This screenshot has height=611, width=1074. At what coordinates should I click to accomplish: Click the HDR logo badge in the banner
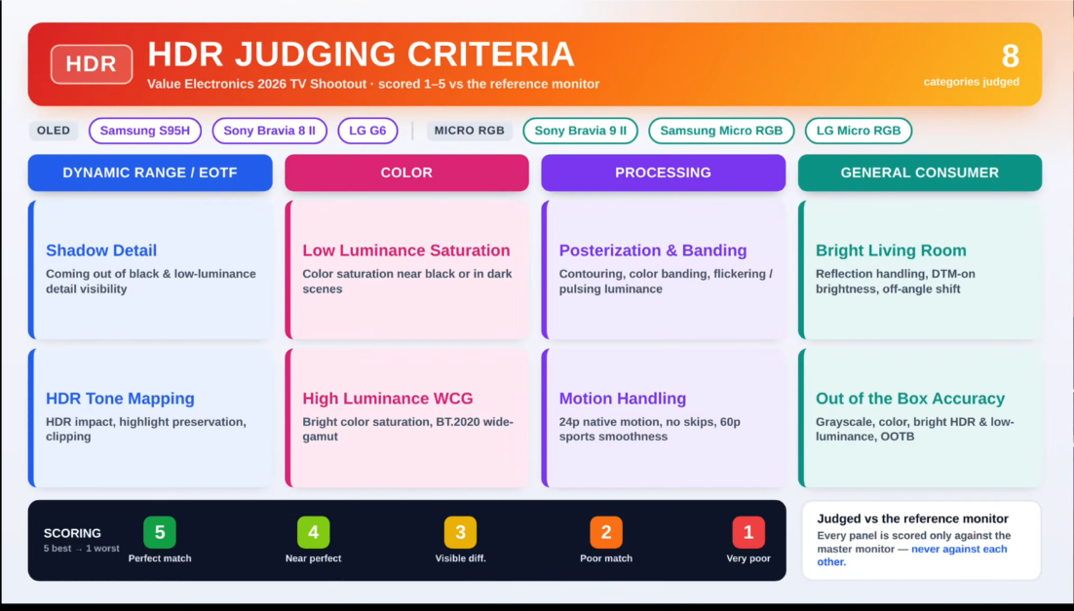click(x=91, y=64)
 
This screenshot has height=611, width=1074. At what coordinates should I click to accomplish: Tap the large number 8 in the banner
click(x=1010, y=57)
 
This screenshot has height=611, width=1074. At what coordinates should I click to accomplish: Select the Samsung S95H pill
click(x=144, y=131)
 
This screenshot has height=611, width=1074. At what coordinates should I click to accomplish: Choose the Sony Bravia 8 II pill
click(x=269, y=131)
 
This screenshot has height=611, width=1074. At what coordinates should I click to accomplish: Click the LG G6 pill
click(x=367, y=131)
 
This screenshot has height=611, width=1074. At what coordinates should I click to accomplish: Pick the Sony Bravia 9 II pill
click(x=580, y=131)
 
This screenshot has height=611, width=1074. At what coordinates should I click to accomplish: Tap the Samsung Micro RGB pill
click(x=721, y=131)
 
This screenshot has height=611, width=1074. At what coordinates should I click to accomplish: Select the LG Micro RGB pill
click(x=859, y=131)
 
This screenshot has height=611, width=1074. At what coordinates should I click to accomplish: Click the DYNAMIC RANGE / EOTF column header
click(x=150, y=172)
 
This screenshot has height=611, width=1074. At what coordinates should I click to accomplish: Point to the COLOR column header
click(x=406, y=172)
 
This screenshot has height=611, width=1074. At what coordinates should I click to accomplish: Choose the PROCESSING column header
click(x=663, y=172)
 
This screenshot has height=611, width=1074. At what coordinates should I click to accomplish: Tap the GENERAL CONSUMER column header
click(x=920, y=172)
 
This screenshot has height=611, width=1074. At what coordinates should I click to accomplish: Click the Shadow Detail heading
click(x=101, y=250)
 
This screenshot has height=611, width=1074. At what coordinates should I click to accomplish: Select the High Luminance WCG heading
click(x=388, y=399)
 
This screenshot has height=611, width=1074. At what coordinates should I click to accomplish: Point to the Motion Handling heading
click(x=623, y=399)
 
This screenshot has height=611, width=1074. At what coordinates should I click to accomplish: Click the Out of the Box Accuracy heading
click(x=910, y=399)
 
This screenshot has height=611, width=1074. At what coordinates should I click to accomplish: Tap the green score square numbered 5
click(x=160, y=532)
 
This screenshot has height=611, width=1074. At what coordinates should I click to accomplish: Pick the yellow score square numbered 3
click(x=460, y=532)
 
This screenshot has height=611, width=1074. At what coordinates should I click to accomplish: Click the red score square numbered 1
click(x=748, y=532)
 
